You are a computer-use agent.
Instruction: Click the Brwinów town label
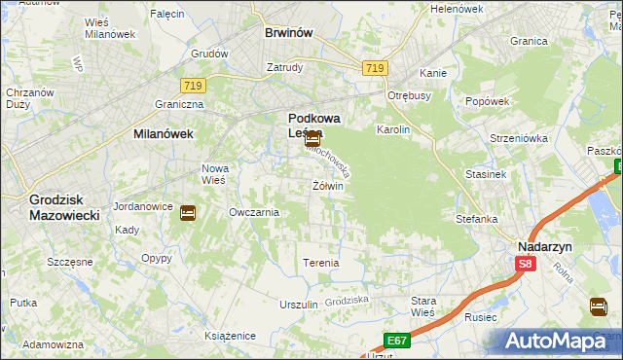pyautogui.click(x=289, y=32)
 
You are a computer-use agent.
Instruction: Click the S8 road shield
pyautogui.click(x=526, y=264)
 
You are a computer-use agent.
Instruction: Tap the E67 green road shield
pyautogui.click(x=395, y=340)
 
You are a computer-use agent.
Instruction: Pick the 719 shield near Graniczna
pyautogui.click(x=191, y=86)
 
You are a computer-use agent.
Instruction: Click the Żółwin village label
pyautogui.click(x=328, y=186)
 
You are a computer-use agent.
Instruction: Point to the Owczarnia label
pyautogui.click(x=254, y=212)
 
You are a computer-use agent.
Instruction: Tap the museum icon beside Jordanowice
pyautogui.click(x=188, y=212)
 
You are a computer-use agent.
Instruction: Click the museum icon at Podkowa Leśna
pyautogui.click(x=311, y=139)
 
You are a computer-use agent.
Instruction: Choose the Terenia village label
pyautogui.click(x=321, y=264)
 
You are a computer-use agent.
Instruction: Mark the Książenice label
pyautogui.click(x=230, y=336)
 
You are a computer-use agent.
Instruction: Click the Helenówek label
pyautogui.click(x=457, y=9)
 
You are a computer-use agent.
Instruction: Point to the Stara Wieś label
pyautogui.click(x=423, y=306)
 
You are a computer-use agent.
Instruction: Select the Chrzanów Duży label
pyautogui.click(x=22, y=97)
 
